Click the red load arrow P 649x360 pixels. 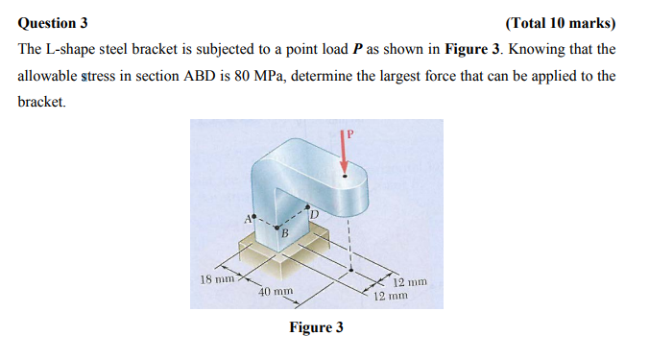click(x=344, y=149)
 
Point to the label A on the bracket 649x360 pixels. click(x=246, y=219)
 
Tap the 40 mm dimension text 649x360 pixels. click(x=276, y=290)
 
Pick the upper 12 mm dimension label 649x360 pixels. click(x=410, y=282)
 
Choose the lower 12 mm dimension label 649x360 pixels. click(x=390, y=296)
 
